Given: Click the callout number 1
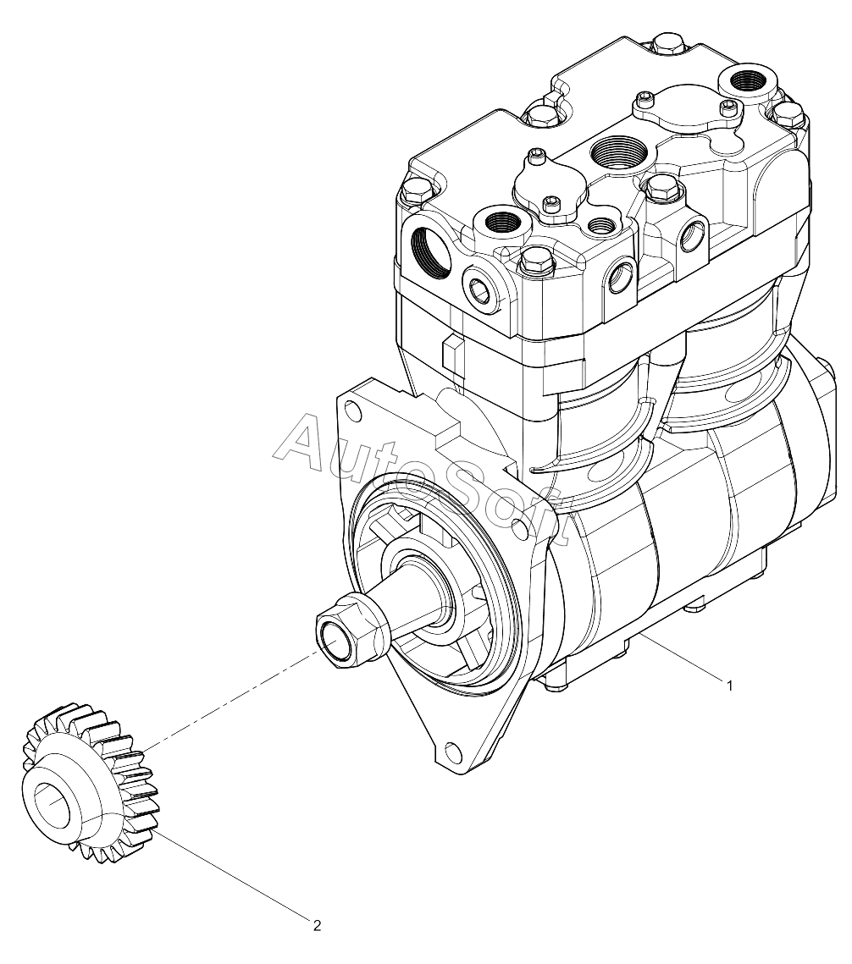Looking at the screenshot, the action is [x=729, y=686].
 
